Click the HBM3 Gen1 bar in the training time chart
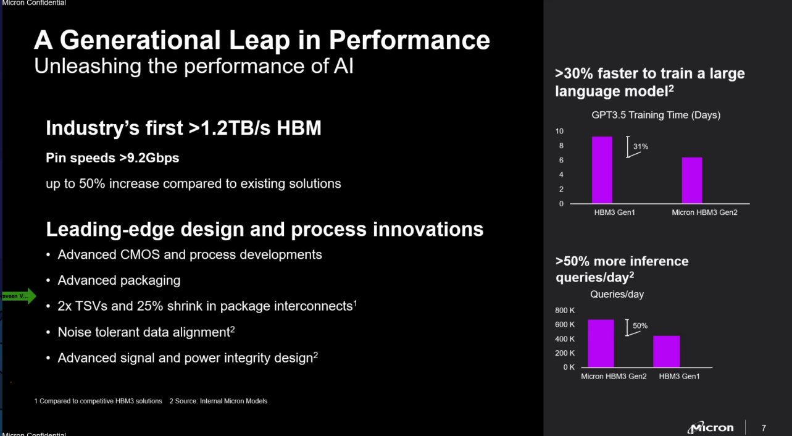tap(602, 170)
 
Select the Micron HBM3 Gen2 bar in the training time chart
tap(692, 180)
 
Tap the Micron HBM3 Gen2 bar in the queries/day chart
tap(601, 343)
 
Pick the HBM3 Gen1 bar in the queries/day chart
tap(666, 351)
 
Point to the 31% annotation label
tap(641, 147)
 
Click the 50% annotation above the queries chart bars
tap(640, 325)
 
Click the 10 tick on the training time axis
tap(559, 131)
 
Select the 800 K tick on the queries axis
tap(565, 311)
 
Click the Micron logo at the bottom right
tap(711, 427)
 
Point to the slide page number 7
tap(764, 427)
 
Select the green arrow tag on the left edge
tap(19, 296)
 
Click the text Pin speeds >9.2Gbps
tap(112, 157)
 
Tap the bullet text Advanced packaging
tap(119, 280)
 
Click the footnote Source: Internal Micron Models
tap(218, 401)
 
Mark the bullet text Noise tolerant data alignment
tap(143, 332)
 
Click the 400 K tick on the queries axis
tap(565, 339)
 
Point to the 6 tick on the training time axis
tap(561, 160)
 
